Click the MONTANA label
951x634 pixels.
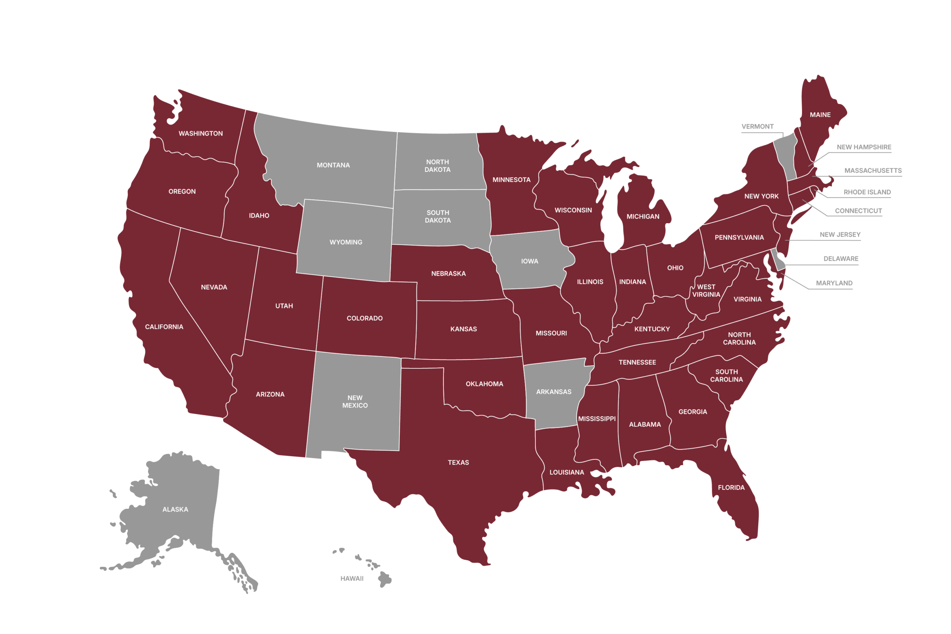pos(333,165)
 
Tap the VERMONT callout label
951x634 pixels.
pos(757,127)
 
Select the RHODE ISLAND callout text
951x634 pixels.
pos(867,192)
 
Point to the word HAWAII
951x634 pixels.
pos(352,579)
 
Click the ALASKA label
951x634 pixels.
pos(175,510)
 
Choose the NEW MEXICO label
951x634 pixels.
pos(355,401)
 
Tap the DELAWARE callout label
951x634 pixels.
pos(841,259)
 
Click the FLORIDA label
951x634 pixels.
pos(731,488)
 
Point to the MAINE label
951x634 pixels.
pos(820,115)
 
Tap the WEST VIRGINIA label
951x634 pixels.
pos(706,291)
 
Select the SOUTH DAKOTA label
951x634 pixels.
pos(438,216)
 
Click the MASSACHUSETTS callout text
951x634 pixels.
pos(873,170)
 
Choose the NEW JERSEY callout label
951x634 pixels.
pos(840,234)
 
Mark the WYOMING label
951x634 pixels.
pos(346,242)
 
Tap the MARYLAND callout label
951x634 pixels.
pos(834,283)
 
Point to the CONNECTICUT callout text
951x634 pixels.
pos(858,211)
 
